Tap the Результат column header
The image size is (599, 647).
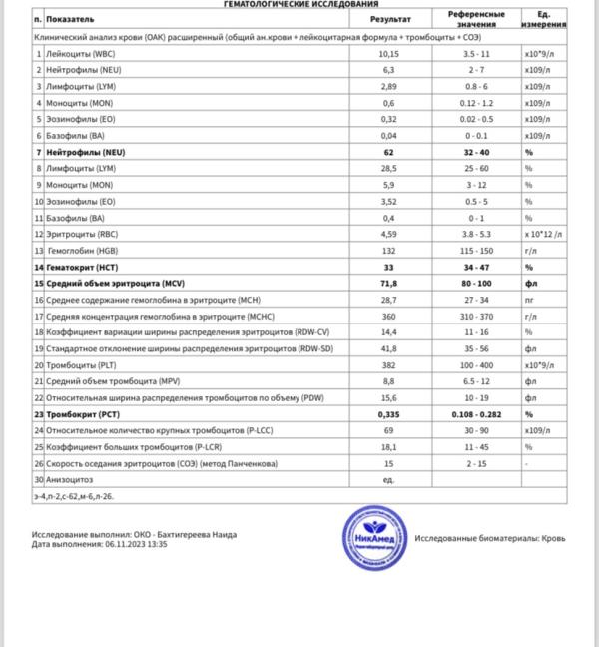387,19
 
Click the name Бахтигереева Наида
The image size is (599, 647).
196,535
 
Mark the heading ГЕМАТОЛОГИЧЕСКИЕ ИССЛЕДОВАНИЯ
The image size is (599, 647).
299,4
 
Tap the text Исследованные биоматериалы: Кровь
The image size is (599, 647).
490,537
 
